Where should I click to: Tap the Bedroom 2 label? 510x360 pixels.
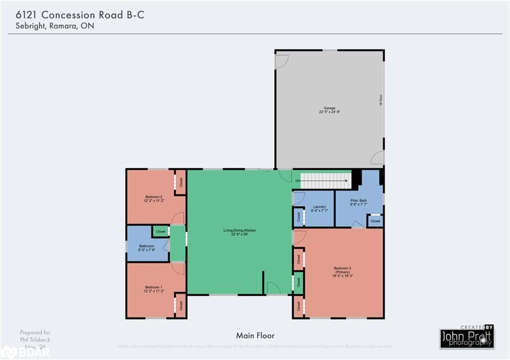[x=153, y=198]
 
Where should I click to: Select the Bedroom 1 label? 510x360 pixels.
[x=153, y=289]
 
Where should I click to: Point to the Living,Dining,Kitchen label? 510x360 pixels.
[x=240, y=232]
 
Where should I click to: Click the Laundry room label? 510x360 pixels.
[x=319, y=209]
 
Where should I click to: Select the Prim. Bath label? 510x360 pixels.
[x=359, y=202]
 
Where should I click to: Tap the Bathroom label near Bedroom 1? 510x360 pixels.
[x=146, y=247]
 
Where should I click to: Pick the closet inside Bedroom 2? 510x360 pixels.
[x=181, y=182]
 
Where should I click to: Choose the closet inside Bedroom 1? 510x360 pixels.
[x=181, y=306]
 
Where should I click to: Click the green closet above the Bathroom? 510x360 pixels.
[x=160, y=231]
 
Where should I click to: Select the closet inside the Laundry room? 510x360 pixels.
[x=299, y=217]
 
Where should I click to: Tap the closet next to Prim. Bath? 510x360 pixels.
[x=376, y=221]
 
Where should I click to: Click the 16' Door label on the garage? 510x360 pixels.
[x=381, y=101]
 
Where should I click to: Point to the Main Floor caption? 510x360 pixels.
[x=255, y=336]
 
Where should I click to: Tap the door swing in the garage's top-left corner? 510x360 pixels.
[x=281, y=61]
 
